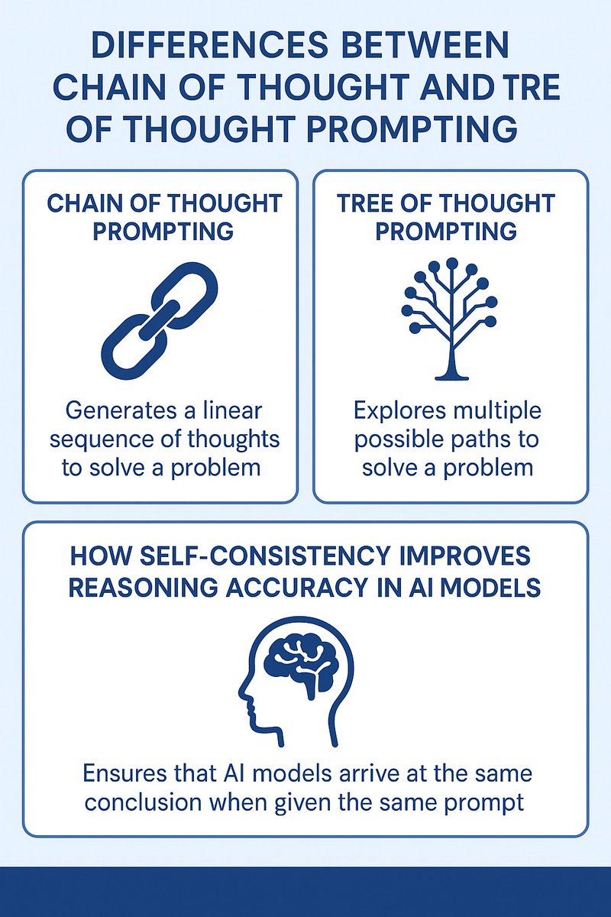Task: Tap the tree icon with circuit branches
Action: pos(449,318)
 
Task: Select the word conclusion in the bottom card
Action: pos(139,801)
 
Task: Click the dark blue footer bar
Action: pos(305,893)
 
